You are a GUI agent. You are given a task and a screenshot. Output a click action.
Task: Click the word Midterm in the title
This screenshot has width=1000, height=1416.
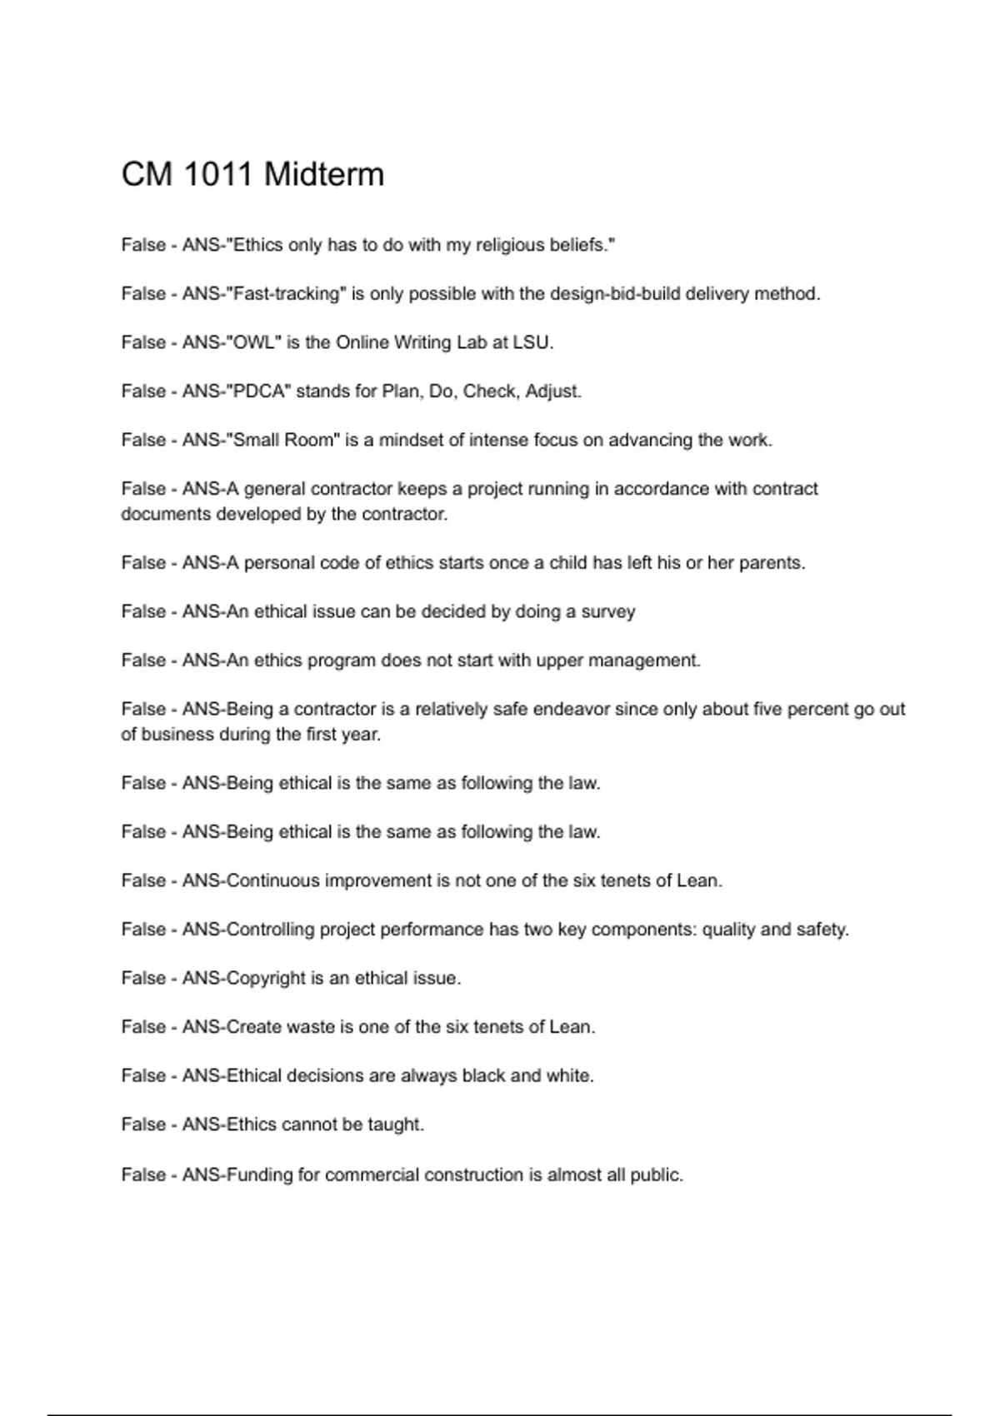(324, 175)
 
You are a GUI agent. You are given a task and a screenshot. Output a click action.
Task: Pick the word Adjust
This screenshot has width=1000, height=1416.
(552, 391)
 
